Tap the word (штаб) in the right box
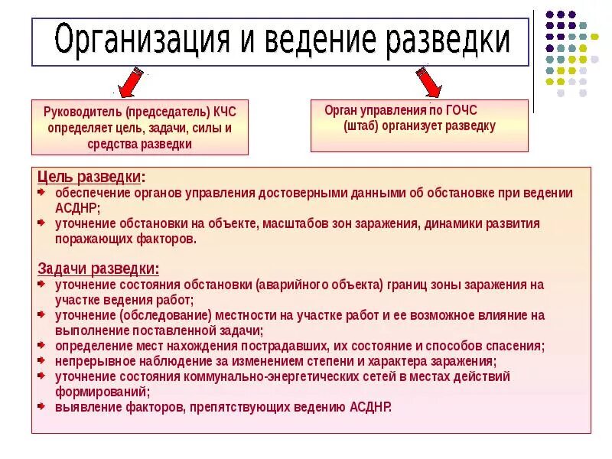(x=361, y=126)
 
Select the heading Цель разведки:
(x=91, y=177)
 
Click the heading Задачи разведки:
(x=99, y=269)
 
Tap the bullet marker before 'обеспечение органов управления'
(x=43, y=193)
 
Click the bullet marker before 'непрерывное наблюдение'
(x=43, y=361)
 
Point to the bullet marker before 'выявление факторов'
(x=43, y=407)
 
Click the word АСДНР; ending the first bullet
(x=77, y=207)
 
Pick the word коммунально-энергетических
(x=262, y=376)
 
